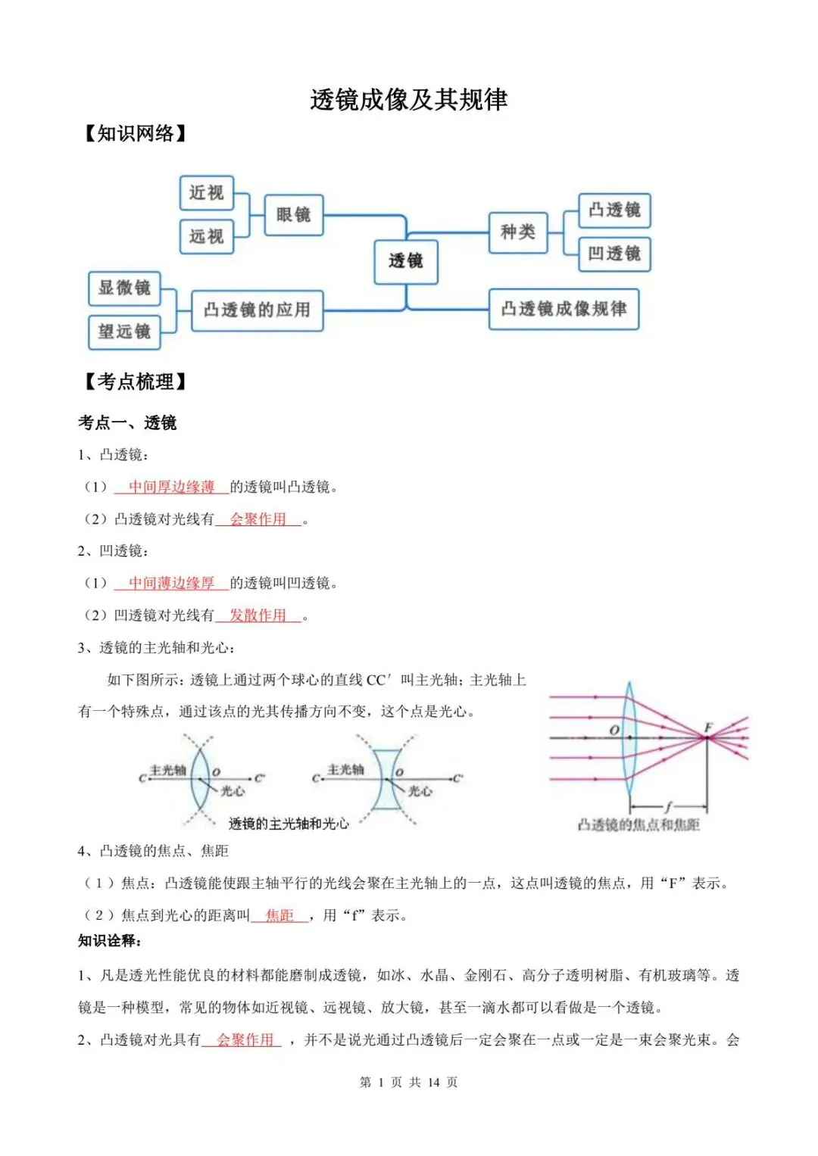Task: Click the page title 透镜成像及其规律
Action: pyautogui.click(x=408, y=100)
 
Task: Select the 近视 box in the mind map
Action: pyautogui.click(x=206, y=193)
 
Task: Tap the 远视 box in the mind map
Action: pyautogui.click(x=206, y=236)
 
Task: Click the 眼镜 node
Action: pyautogui.click(x=293, y=214)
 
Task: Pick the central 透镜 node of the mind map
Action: pyautogui.click(x=406, y=261)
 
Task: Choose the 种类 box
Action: pyautogui.click(x=517, y=232)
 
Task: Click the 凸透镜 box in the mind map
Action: pyautogui.click(x=614, y=210)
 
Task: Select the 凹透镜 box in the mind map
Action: pyautogui.click(x=614, y=254)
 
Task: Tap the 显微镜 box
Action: pyautogui.click(x=124, y=288)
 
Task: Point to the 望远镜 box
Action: pyautogui.click(x=124, y=332)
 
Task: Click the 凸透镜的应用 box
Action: pyautogui.click(x=257, y=310)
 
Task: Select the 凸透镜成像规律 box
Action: pyautogui.click(x=564, y=309)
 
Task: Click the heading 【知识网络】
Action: pyautogui.click(x=135, y=134)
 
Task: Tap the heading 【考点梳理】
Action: pyautogui.click(x=135, y=382)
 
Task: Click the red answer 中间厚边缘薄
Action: pyautogui.click(x=171, y=487)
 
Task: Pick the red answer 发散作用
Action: pyautogui.click(x=258, y=615)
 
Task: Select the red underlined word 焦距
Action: pyautogui.click(x=279, y=915)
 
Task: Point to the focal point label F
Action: pyautogui.click(x=708, y=728)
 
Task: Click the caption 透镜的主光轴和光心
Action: pyautogui.click(x=289, y=824)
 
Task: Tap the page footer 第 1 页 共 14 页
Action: pyautogui.click(x=408, y=1083)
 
